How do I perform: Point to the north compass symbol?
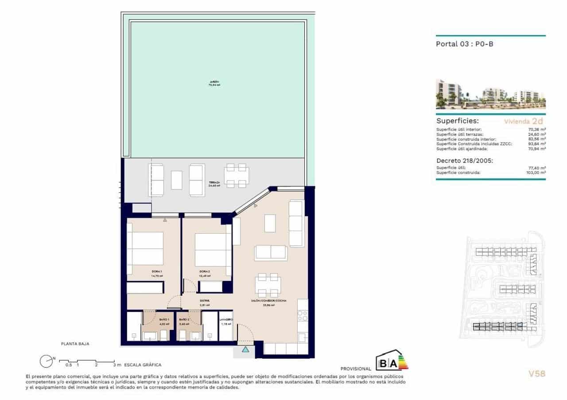[x=46, y=361]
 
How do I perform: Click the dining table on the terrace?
[x=236, y=176]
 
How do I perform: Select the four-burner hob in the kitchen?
[x=303, y=316]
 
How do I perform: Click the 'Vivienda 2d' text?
[x=523, y=121]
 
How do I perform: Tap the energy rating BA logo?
[x=392, y=362]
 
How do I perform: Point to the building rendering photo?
[x=490, y=94]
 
